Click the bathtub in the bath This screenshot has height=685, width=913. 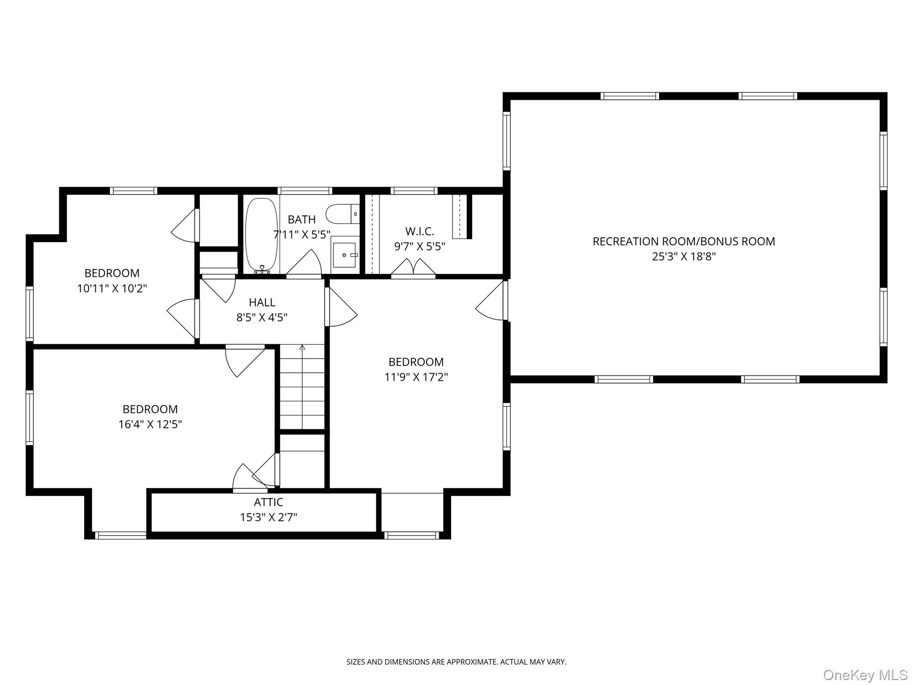coord(262,235)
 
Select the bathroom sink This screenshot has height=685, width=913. coord(345,255)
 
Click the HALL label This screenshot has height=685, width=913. coord(262,302)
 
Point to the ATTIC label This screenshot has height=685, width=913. coord(268,502)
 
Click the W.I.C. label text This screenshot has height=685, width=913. coord(419,231)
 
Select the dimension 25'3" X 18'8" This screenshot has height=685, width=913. coord(683,256)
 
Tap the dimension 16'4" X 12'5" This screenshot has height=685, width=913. coord(150,424)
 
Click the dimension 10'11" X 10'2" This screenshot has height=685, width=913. coord(112,289)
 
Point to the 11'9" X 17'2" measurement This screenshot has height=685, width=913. coord(416,377)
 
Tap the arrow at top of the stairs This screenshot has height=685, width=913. coord(302,347)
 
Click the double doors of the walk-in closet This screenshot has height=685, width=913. coord(413,268)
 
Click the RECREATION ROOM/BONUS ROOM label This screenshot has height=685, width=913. coord(683,241)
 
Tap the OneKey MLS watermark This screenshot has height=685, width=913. coord(865,675)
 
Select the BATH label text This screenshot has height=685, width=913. coord(301,219)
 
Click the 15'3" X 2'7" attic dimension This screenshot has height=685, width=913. coord(268,517)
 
